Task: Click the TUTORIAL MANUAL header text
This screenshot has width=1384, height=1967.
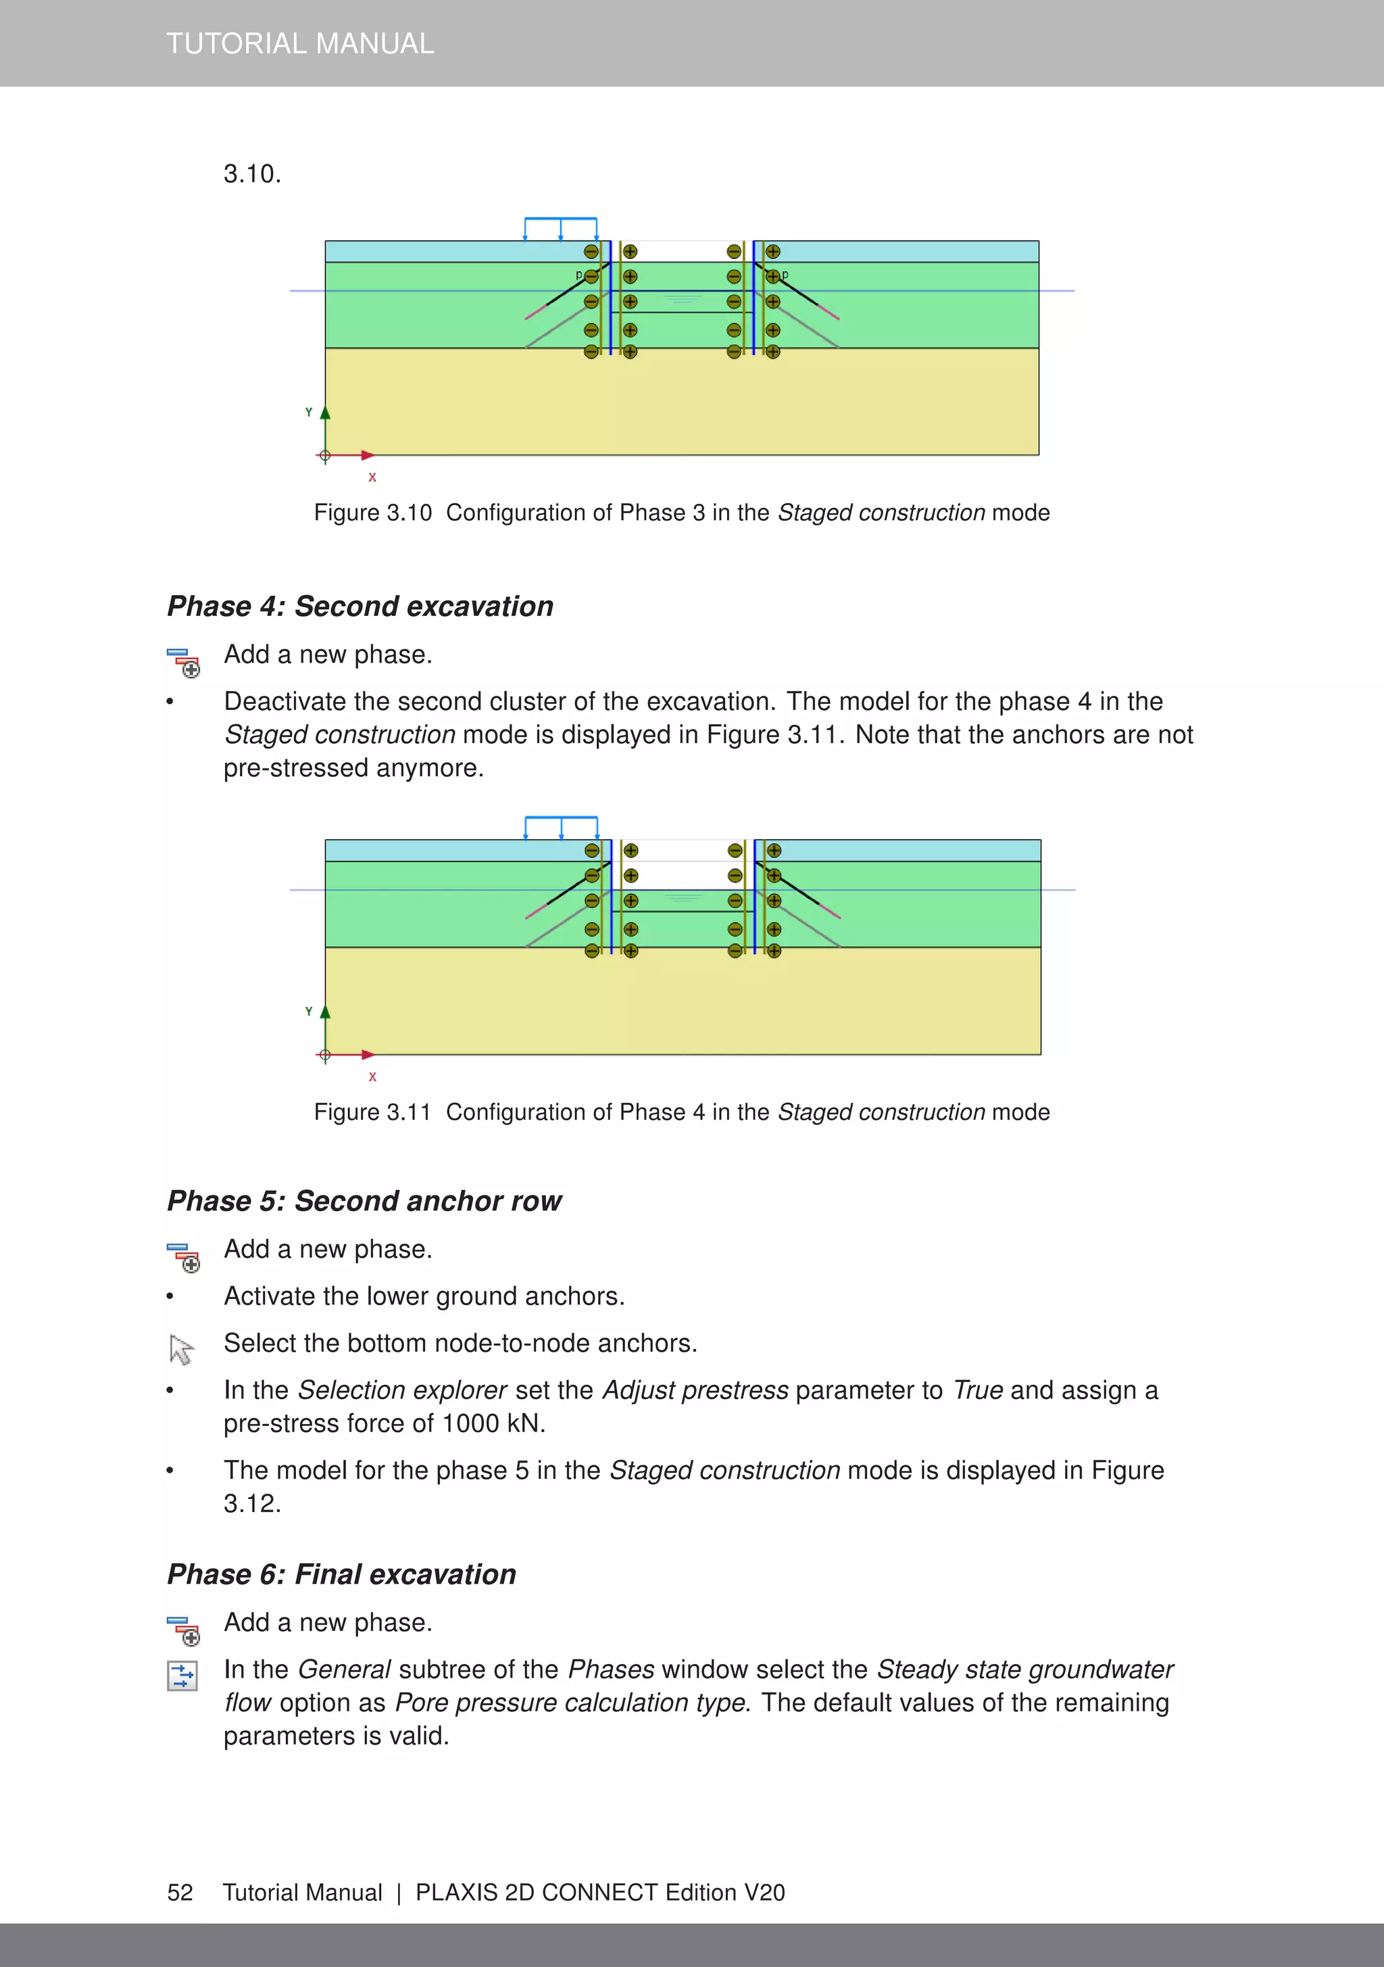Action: [300, 43]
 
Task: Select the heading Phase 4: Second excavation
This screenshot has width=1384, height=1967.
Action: [360, 607]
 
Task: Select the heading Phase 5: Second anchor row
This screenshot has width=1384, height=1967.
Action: [364, 1201]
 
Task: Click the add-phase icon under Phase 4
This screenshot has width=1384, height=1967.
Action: [183, 662]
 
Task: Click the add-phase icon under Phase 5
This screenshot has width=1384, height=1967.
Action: [183, 1258]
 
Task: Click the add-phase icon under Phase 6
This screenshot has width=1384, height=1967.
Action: [183, 1631]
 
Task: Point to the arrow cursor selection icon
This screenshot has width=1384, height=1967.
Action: [180, 1350]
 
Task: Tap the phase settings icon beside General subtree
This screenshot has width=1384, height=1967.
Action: [182, 1676]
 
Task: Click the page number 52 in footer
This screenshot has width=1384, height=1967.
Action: [180, 1893]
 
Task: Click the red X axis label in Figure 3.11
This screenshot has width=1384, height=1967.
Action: [372, 1077]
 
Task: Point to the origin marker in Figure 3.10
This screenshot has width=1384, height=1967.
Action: [326, 456]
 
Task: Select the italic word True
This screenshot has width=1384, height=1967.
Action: [977, 1390]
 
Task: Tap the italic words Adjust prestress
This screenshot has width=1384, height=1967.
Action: [695, 1390]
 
